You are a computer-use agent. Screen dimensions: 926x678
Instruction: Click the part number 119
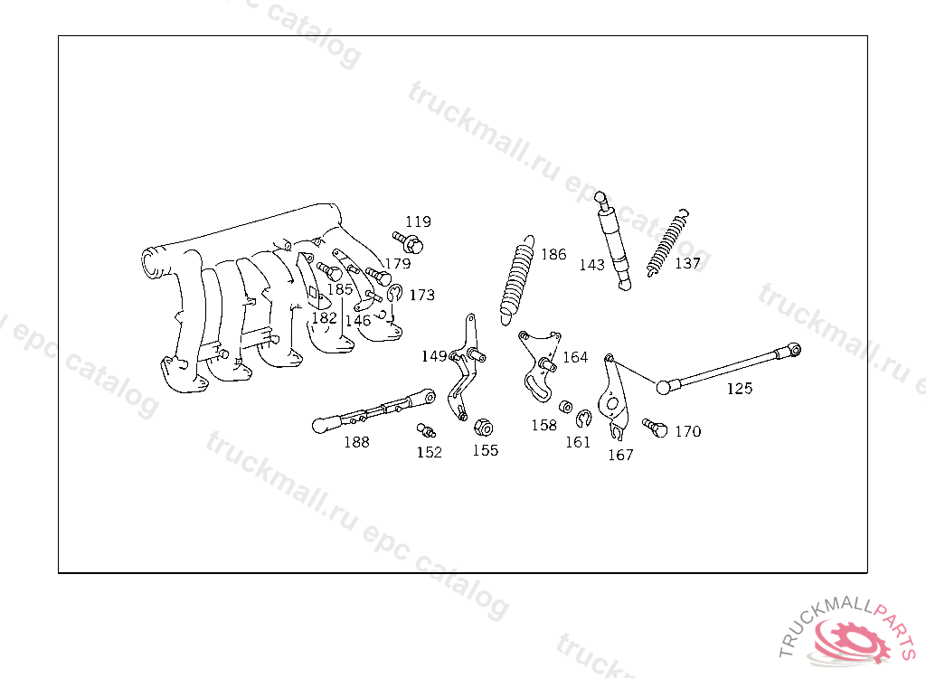pos(418,222)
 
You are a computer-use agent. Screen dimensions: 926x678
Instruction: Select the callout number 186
pos(553,255)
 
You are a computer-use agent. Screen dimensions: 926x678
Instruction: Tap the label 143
pos(591,265)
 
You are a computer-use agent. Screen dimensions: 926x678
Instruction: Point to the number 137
pos(687,263)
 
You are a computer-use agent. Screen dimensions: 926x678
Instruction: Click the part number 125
pos(740,389)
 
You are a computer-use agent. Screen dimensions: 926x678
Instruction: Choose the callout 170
pos(688,432)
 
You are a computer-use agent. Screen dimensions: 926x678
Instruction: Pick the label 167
pos(620,455)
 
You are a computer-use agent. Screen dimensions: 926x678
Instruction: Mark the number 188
pos(356,442)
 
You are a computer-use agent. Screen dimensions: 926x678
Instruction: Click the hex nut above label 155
pos(484,427)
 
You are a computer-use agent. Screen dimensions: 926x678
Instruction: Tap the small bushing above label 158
pos(565,406)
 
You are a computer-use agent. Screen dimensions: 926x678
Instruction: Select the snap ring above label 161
pos(583,419)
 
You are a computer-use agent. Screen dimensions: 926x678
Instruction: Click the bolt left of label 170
pos(655,428)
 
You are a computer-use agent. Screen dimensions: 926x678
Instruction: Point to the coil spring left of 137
pos(668,242)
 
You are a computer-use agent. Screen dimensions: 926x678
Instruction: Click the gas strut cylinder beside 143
pos(613,241)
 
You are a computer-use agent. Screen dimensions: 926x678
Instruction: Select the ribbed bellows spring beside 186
pos(518,280)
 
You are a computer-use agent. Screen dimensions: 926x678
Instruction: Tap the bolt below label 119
pos(408,242)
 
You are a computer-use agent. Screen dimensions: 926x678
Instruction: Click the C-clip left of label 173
pos(394,292)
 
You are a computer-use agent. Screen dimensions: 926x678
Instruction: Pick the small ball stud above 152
pos(426,430)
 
